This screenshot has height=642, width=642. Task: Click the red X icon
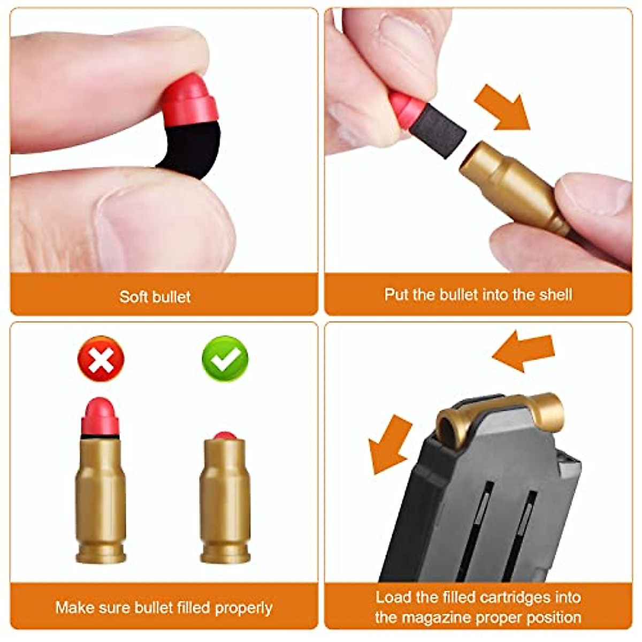click(101, 358)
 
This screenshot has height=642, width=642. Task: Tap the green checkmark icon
click(225, 358)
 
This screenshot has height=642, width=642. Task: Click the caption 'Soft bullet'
click(155, 296)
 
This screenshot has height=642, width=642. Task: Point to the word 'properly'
click(243, 608)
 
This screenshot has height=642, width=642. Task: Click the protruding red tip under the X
click(100, 416)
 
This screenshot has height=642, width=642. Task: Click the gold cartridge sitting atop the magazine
click(500, 415)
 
